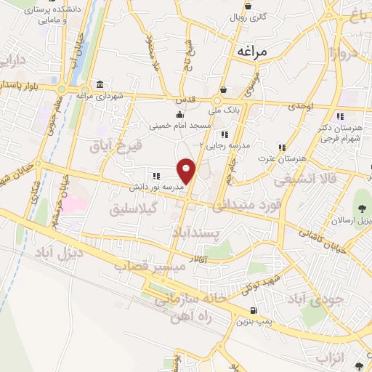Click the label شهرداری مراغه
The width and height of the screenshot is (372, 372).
(121, 94)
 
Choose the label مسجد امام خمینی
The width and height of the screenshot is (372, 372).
(180, 126)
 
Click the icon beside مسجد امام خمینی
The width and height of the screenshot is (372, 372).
(180, 114)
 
